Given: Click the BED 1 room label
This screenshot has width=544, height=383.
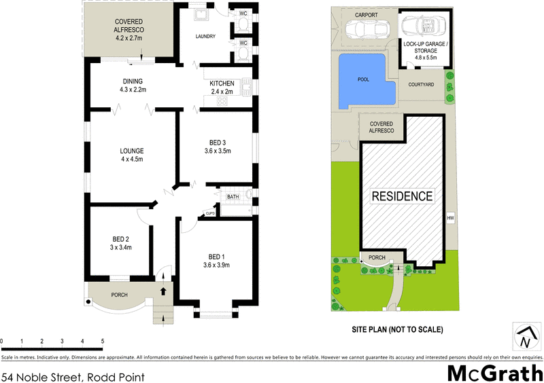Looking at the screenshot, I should tap(216, 256).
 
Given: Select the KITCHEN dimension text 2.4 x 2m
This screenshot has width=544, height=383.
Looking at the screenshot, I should tap(222, 92).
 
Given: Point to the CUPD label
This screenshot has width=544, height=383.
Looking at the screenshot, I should tap(209, 215).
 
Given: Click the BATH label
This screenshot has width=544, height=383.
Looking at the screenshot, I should tap(233, 197).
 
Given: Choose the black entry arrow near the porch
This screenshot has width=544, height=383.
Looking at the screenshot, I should tap(163, 291).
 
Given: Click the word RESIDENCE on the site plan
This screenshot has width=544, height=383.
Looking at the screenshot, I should tap(402, 197).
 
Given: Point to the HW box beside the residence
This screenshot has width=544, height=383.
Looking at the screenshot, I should tap(450, 218).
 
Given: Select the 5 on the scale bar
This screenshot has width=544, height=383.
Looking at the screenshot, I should tap(102, 342).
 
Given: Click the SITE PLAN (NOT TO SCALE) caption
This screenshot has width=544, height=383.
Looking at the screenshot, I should tap(398, 330).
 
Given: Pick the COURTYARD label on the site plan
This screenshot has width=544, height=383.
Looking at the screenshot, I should tap(421, 85).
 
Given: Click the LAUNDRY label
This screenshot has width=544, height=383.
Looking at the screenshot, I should tap(205, 37).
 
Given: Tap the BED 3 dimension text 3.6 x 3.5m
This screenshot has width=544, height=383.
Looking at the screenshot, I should tap(217, 151).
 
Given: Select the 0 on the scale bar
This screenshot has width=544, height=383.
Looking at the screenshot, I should tap(2, 342).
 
